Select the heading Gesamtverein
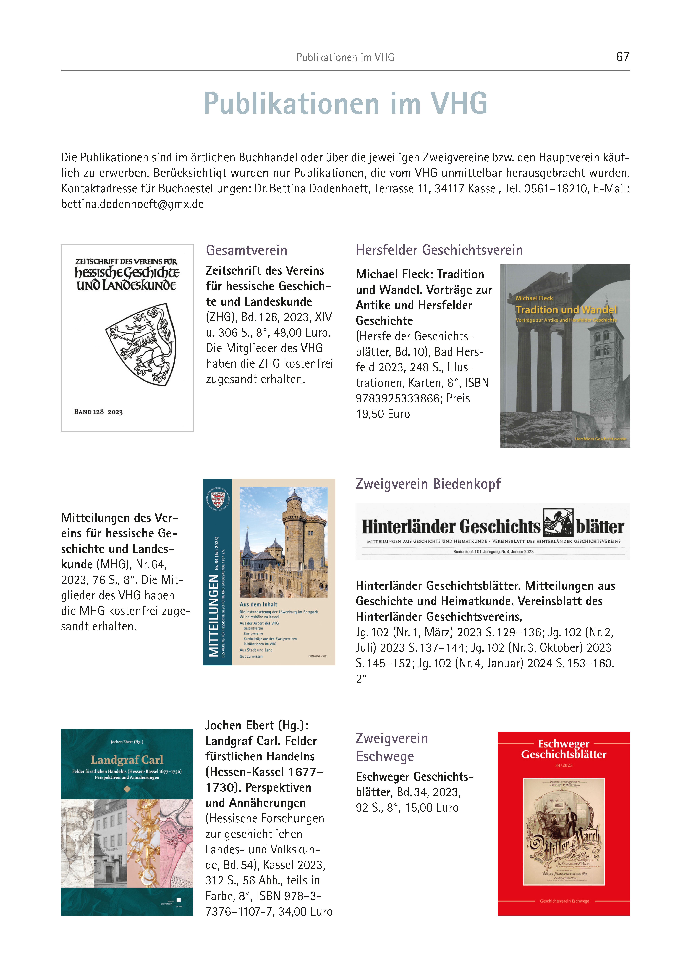click(x=246, y=250)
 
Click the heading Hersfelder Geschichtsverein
click(x=439, y=250)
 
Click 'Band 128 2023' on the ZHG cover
click(x=98, y=412)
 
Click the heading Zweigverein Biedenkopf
click(x=428, y=484)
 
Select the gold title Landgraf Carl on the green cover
click(x=127, y=760)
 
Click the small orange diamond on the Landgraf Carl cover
click(x=127, y=789)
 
